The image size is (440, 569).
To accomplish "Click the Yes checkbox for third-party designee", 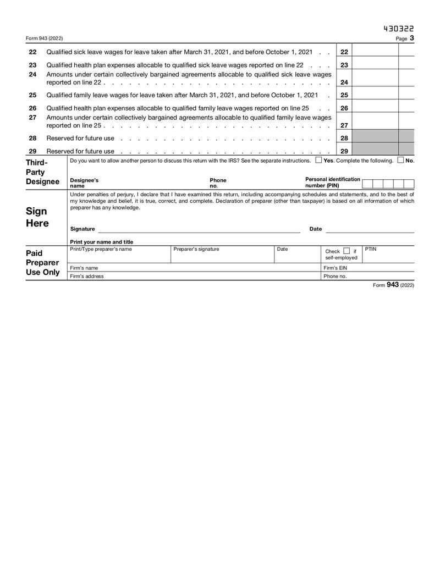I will tap(319, 161).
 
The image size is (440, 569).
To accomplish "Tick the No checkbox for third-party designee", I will tap(400, 161).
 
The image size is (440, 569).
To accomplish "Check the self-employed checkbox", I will tap(346, 251).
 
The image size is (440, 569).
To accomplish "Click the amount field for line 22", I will tap(375, 52).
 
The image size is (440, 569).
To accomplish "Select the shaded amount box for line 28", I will tap(375, 138).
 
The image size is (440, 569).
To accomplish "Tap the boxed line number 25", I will tap(344, 95).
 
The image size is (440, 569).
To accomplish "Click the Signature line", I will tap(198, 229).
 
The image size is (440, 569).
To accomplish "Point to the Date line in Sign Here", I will tap(370, 229).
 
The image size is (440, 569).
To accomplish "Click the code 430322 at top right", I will tap(398, 29).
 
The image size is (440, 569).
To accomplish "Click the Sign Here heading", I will tap(37, 217).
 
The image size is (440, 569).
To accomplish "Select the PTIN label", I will tap(371, 249).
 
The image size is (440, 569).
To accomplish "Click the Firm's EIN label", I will tap(335, 268).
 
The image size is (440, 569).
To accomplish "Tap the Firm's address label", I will tap(87, 276).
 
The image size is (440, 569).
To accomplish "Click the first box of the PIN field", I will tap(368, 184).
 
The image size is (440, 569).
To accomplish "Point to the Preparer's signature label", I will tap(196, 249).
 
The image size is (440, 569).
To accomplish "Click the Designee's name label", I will tap(85, 183).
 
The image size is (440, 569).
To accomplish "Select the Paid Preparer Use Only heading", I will tap(43, 262).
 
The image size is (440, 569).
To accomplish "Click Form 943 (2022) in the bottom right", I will tap(393, 285).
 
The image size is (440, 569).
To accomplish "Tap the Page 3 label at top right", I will tap(405, 38).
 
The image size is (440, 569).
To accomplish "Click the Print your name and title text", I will tap(102, 242).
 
